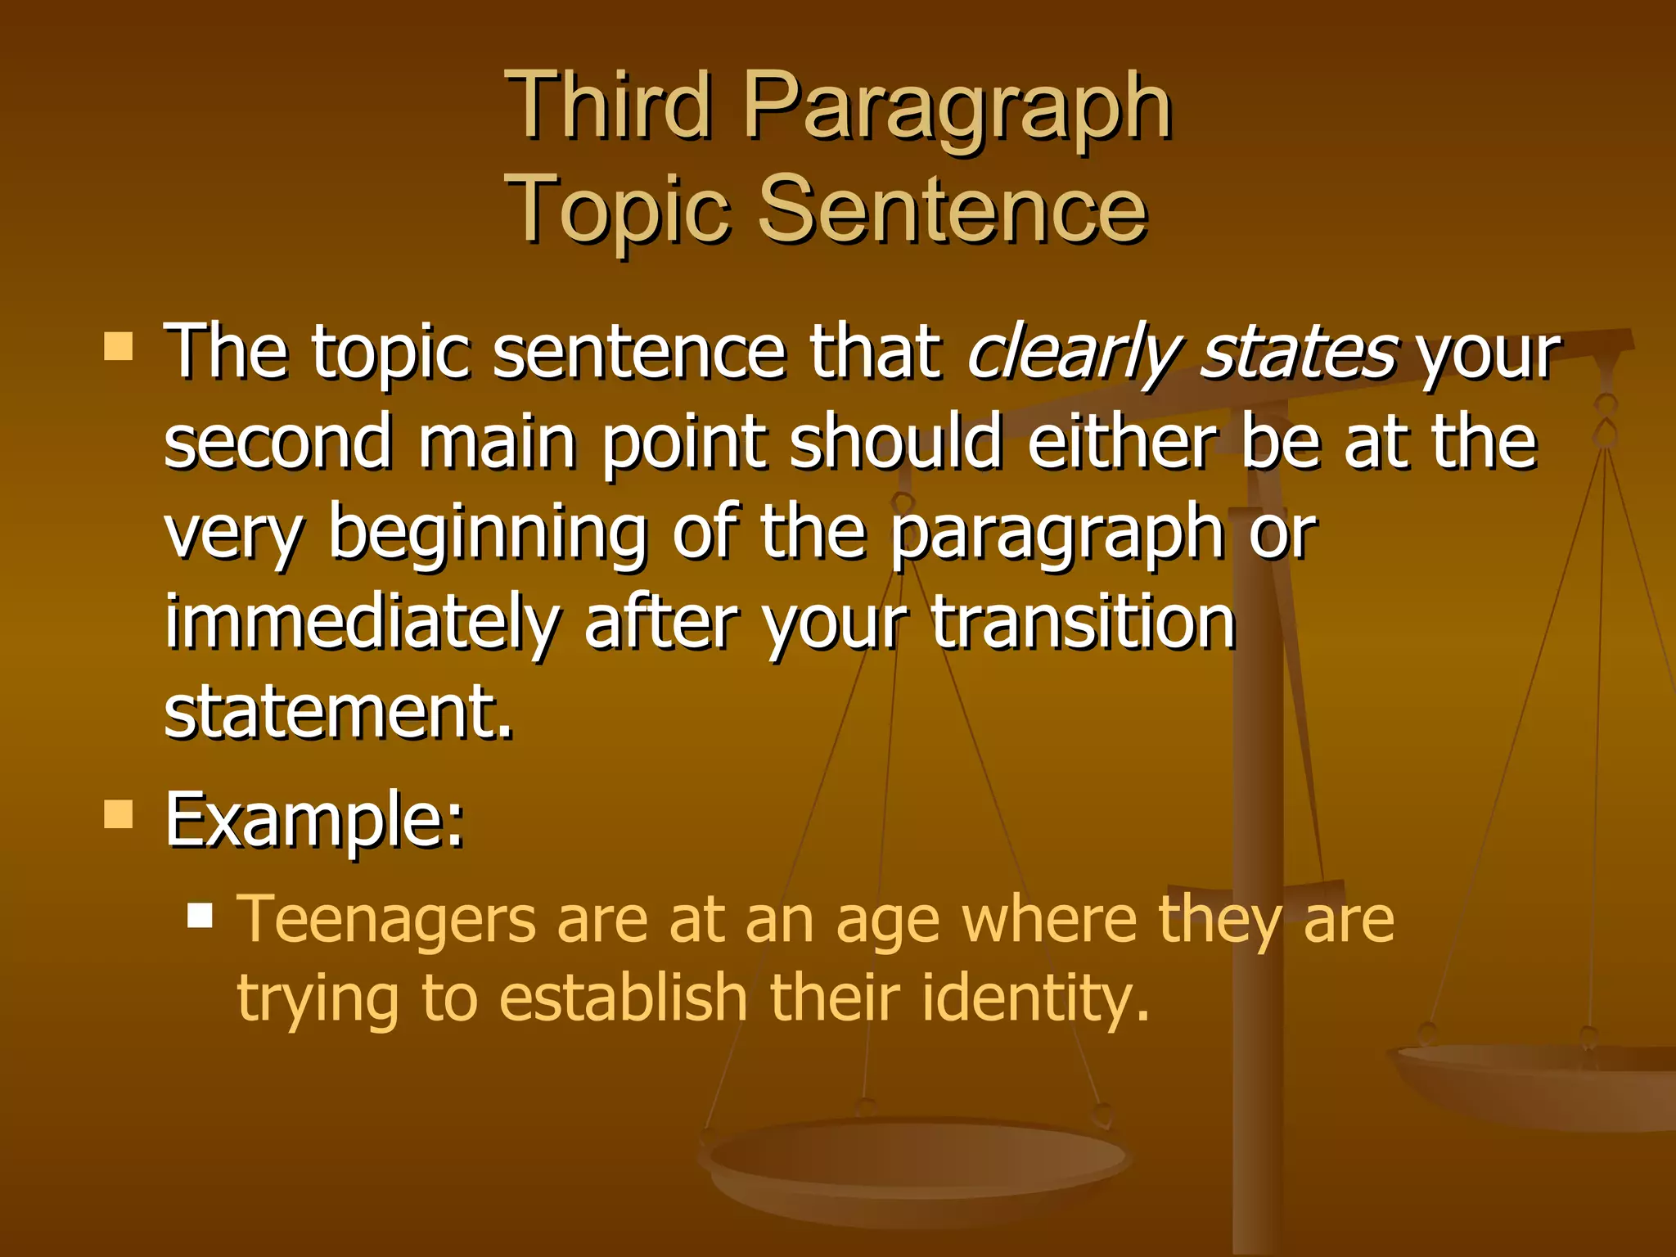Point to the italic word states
tap(1298, 352)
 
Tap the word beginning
tap(488, 534)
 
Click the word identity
tap(1035, 998)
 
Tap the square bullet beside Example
tap(119, 814)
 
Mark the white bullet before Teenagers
tap(200, 914)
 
